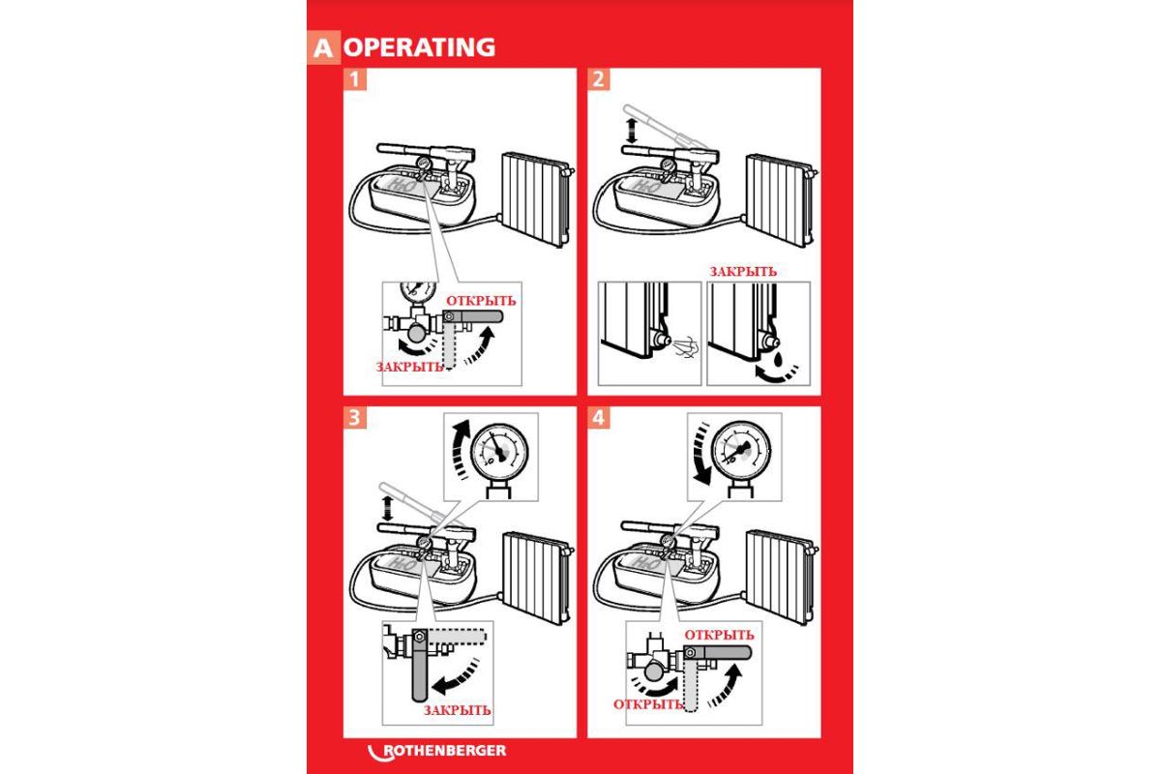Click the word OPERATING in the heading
[x=419, y=47]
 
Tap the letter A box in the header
[x=323, y=47]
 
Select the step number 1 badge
[x=355, y=79]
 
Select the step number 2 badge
[x=599, y=79]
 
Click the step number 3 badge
[x=355, y=418]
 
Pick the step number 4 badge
[x=599, y=418]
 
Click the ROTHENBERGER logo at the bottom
[x=437, y=752]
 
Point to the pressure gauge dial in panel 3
[x=499, y=451]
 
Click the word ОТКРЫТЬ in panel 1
[x=481, y=301]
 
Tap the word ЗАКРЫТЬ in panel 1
[x=409, y=367]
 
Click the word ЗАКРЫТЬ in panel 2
[x=743, y=271]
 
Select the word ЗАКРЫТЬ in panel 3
[x=457, y=710]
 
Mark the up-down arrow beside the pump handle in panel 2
[x=631, y=131]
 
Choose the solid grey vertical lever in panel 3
[x=419, y=666]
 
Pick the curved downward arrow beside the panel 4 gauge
[x=701, y=454]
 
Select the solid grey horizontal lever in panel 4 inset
[x=717, y=652]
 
